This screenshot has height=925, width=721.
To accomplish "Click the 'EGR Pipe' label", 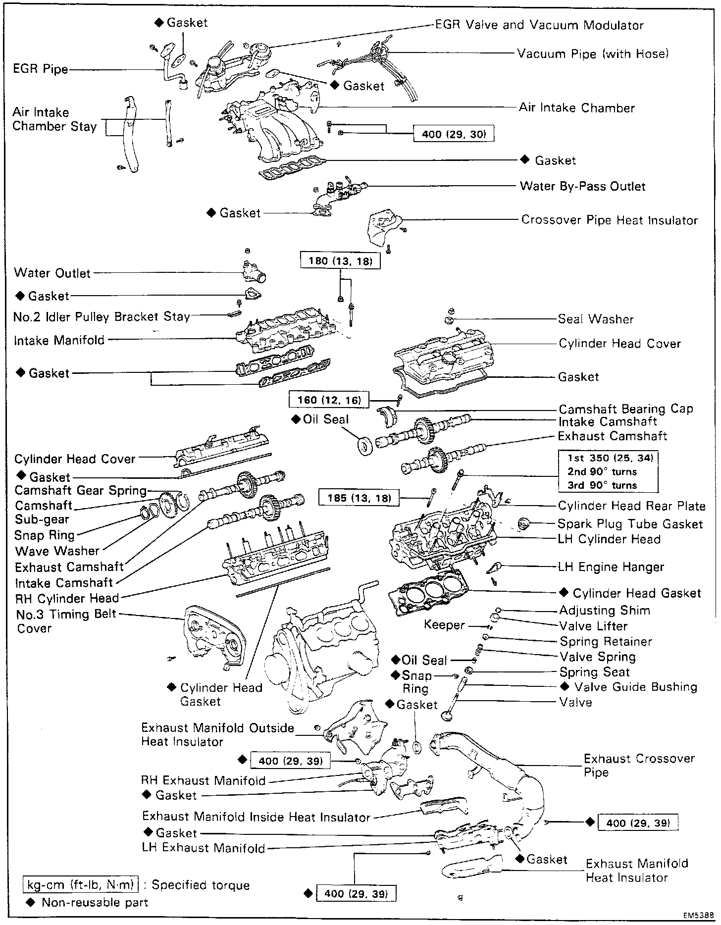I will click(41, 68).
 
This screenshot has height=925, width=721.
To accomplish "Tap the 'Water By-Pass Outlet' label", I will click(582, 187).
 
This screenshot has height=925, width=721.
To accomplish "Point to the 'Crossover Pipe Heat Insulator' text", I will click(609, 220).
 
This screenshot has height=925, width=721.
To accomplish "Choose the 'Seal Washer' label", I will click(596, 319).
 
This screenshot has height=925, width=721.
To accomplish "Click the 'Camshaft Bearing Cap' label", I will click(626, 409).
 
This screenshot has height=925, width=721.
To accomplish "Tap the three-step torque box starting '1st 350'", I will click(608, 471).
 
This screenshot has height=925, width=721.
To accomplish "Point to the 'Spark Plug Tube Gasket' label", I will click(630, 524).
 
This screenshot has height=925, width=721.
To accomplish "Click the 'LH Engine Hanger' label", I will click(611, 567).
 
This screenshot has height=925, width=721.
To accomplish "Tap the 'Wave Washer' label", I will click(57, 551).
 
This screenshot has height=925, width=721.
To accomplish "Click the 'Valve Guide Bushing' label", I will click(635, 687).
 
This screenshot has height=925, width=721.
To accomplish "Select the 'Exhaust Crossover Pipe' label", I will click(639, 766).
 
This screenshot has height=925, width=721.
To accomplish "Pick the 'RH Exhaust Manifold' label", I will click(204, 781).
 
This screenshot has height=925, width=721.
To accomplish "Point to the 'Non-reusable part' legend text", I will click(95, 902).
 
